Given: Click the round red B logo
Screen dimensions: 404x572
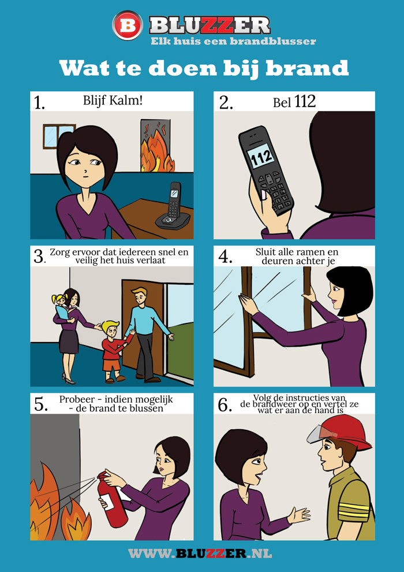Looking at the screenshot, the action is pos(128,25).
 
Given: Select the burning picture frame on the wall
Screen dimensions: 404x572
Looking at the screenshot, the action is pos(158,145).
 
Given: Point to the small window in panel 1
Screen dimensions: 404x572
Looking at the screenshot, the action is pos(59,136).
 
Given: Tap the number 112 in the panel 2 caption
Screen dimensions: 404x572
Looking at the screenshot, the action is pos(305,102).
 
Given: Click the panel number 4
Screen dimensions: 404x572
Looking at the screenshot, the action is pos(226,257).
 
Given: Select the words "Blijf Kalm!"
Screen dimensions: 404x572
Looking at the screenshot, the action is pos(113,101).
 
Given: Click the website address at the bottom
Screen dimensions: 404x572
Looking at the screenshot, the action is pos(200,553).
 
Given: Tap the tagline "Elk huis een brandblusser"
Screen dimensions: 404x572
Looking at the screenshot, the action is pos(234,41).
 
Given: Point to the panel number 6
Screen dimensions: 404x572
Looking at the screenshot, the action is pos(226,405).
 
